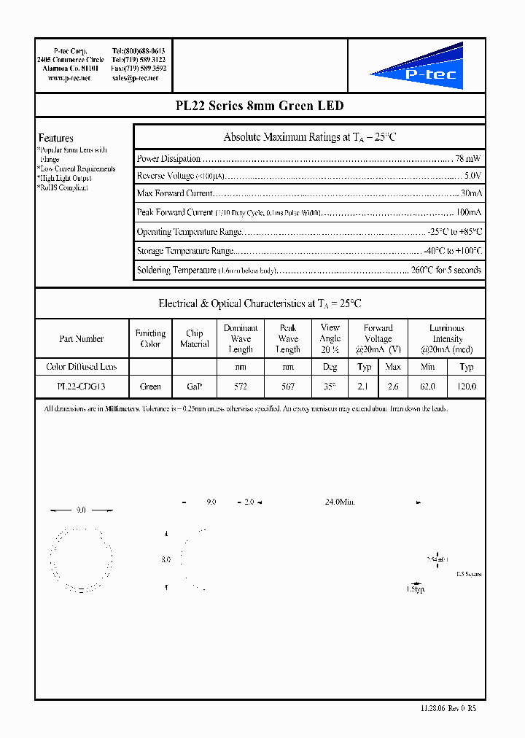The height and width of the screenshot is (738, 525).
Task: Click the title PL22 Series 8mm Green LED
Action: tap(260, 106)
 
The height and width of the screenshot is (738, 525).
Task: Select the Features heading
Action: tap(55, 138)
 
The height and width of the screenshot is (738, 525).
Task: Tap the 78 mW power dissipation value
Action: tap(467, 158)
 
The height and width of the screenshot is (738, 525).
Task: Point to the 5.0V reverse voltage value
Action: tap(472, 176)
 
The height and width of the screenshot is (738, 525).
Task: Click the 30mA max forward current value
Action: tap(471, 194)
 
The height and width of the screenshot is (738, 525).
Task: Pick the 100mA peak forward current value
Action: tap(469, 213)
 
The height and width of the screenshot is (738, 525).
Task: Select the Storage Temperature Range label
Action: tap(185, 251)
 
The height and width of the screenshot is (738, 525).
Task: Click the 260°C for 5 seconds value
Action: tap(446, 270)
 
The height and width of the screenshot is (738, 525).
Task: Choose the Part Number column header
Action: tap(81, 339)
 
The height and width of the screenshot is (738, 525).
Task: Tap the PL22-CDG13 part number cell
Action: tap(81, 387)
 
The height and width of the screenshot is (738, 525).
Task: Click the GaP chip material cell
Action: tap(194, 387)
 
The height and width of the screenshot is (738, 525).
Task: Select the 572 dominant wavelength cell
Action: tap(241, 387)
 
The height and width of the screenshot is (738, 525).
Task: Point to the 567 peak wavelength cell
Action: tap(287, 387)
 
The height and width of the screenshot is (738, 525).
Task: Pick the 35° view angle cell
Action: tap(330, 387)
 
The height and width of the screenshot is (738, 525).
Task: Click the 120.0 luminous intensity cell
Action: tap(467, 387)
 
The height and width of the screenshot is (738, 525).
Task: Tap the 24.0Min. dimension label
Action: tap(339, 502)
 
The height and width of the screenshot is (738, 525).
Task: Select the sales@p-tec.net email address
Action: tap(138, 77)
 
